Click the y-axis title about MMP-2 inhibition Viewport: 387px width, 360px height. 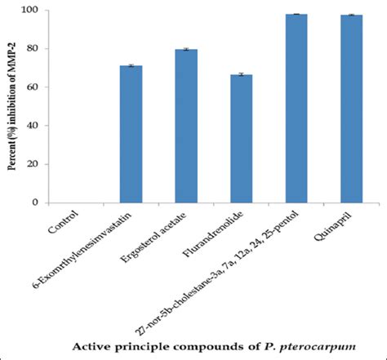(x=14, y=106)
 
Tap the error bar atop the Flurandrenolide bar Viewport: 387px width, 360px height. (x=241, y=74)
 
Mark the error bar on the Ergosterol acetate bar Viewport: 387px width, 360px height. (x=186, y=50)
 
